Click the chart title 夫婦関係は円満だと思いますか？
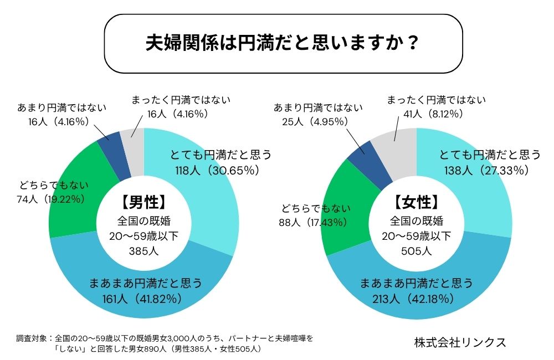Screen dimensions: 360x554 click(283, 44)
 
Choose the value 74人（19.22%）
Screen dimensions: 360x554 click(51, 198)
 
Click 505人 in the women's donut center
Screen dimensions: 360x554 click(416, 251)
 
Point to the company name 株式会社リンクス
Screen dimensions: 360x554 click(460, 342)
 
